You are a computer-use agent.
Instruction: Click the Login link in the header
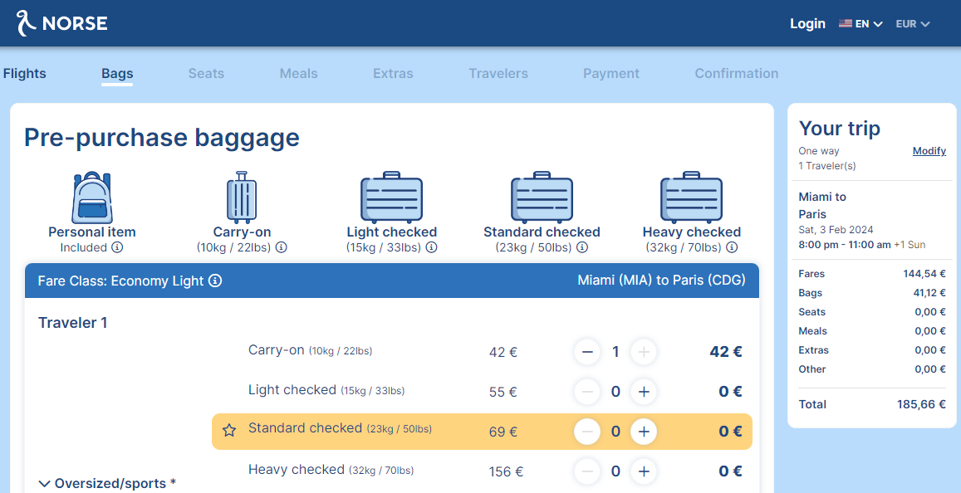pyautogui.click(x=807, y=24)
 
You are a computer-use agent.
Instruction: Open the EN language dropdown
pyautogui.click(x=861, y=24)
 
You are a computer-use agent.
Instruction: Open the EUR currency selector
pyautogui.click(x=913, y=24)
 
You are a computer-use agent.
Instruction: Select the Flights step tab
pyautogui.click(x=25, y=74)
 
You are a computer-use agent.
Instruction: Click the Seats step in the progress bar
pyautogui.click(x=206, y=74)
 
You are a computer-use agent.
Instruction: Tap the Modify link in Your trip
pyautogui.click(x=929, y=151)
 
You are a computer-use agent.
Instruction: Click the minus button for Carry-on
pyautogui.click(x=587, y=352)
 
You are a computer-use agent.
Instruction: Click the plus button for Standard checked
pyautogui.click(x=644, y=432)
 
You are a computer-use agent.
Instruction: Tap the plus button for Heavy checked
pyautogui.click(x=644, y=471)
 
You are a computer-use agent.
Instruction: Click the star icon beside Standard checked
pyautogui.click(x=229, y=431)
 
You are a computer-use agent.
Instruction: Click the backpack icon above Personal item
pyautogui.click(x=92, y=198)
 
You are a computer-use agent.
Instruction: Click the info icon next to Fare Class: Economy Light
pyautogui.click(x=215, y=281)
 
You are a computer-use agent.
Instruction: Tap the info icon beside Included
pyautogui.click(x=117, y=247)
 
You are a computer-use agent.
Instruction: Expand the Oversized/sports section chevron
pyautogui.click(x=44, y=484)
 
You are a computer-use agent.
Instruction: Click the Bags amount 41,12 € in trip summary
pyautogui.click(x=929, y=293)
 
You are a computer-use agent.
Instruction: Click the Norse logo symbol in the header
pyautogui.click(x=27, y=23)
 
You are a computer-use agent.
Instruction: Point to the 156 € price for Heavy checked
pyautogui.click(x=506, y=471)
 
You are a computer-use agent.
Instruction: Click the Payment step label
pyautogui.click(x=611, y=74)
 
